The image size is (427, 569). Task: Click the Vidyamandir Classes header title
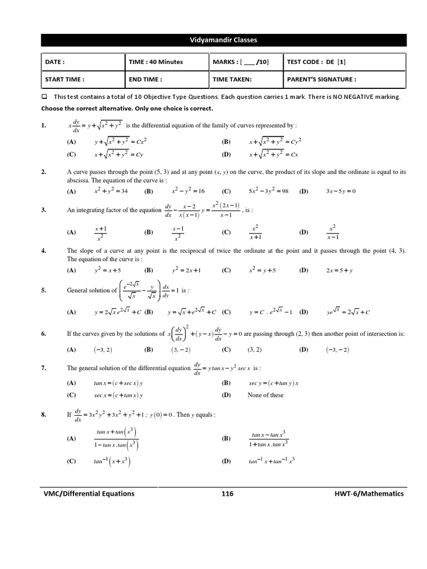(224, 40)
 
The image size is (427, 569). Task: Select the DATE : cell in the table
(83, 62)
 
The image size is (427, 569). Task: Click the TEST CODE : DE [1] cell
(345, 62)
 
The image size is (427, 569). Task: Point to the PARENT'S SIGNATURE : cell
(345, 79)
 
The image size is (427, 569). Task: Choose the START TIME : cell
(83, 79)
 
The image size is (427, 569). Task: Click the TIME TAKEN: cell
(245, 79)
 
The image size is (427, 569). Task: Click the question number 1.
(43, 126)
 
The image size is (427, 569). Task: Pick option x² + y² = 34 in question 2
(111, 191)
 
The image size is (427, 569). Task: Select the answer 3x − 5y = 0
(340, 191)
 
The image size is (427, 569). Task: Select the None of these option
(265, 395)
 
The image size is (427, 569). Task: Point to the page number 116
(227, 493)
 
